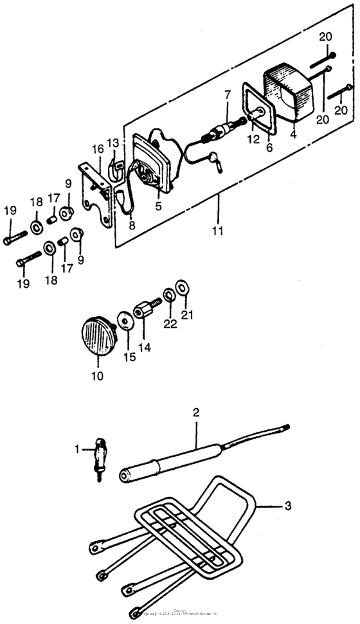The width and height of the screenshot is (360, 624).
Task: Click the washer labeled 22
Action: [x=168, y=295]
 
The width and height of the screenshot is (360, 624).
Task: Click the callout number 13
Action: [x=113, y=142]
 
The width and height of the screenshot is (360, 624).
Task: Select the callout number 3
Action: [x=287, y=506]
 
